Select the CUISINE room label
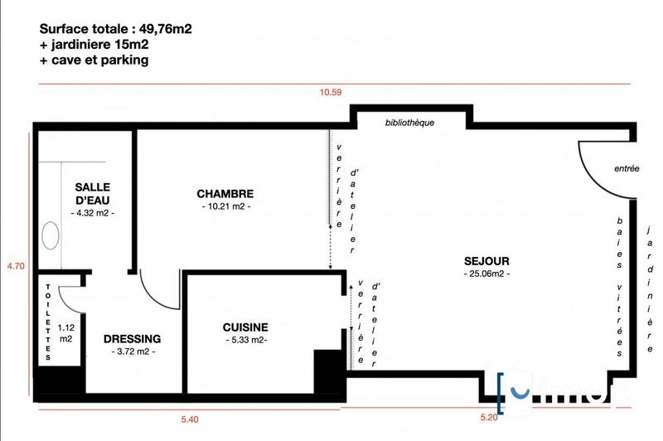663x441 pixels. pos(246,327)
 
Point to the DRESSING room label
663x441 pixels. pos(132,339)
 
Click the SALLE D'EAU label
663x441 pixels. pos(92,194)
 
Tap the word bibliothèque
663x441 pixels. pos(410,123)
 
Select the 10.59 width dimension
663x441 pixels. pos(331,92)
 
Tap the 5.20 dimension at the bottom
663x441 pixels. pos(489,418)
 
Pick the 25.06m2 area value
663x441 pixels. pos(486,273)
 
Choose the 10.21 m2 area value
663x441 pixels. pos(225,206)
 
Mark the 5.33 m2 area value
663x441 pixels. pos(246,340)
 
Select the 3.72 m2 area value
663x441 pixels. pos(132,352)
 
